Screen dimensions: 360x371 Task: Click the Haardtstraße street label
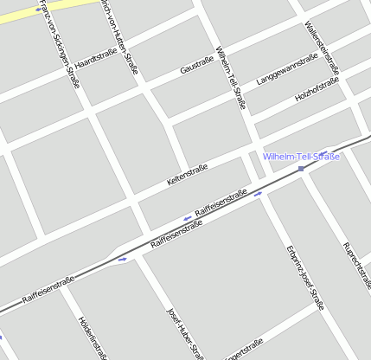96,58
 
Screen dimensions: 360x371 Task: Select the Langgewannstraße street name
288,70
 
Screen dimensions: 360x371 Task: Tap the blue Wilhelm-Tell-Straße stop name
302,157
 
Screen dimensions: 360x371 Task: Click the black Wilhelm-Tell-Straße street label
231,77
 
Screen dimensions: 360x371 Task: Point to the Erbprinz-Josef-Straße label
304,277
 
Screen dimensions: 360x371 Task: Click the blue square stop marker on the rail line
301,169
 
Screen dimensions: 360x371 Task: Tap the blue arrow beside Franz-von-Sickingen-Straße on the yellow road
38,9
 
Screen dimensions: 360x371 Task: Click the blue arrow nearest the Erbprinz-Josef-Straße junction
259,195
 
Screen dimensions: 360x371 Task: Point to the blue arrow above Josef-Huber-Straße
123,258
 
